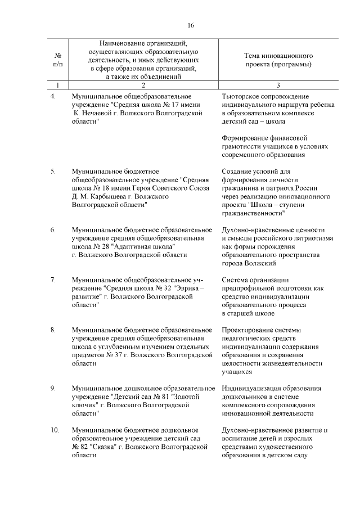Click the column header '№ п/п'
click(x=57, y=60)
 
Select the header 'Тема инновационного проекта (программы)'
click(x=278, y=60)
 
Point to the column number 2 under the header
click(x=143, y=85)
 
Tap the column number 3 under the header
click(x=278, y=85)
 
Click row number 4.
click(x=53, y=97)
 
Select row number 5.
click(x=53, y=171)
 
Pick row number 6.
click(x=53, y=230)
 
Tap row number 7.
click(x=53, y=280)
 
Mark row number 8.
click(x=53, y=329)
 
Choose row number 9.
click(x=53, y=388)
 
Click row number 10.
click(x=55, y=430)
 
